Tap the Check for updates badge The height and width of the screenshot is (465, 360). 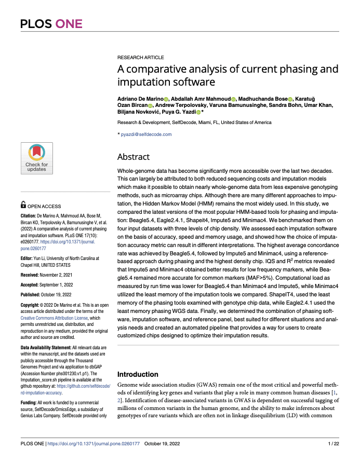tap(36, 158)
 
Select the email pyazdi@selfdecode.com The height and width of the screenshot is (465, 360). tap(146, 134)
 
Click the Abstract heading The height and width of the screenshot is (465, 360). tap(134, 157)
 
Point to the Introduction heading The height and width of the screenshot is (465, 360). tap(138, 374)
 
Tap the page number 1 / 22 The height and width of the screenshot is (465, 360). tap(334, 444)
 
